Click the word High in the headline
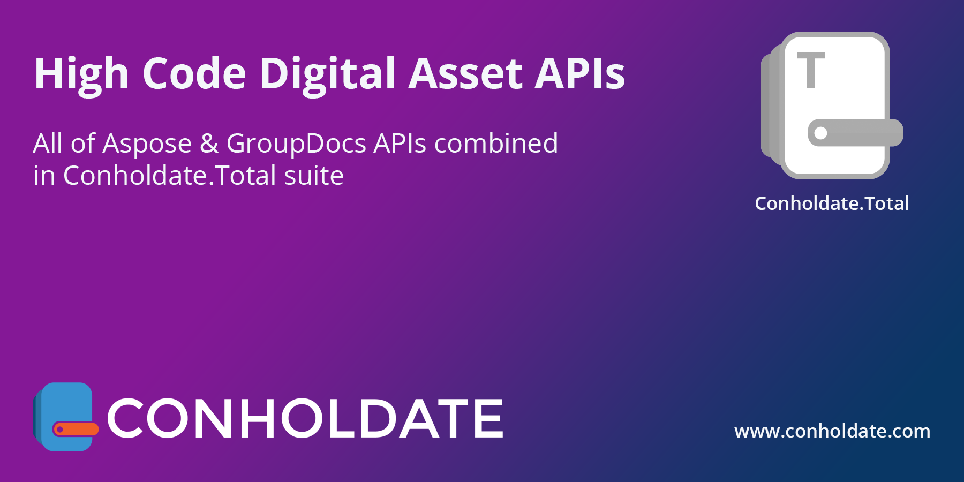[81, 74]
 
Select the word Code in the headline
[194, 73]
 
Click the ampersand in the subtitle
[209, 144]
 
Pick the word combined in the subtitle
[496, 143]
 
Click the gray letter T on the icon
[811, 70]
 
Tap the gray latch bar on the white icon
[855, 133]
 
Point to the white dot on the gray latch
[820, 133]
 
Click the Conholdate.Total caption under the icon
[832, 204]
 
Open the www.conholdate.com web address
[832, 431]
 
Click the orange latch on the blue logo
[76, 429]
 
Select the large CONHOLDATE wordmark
[305, 418]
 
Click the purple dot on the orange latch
[60, 430]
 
